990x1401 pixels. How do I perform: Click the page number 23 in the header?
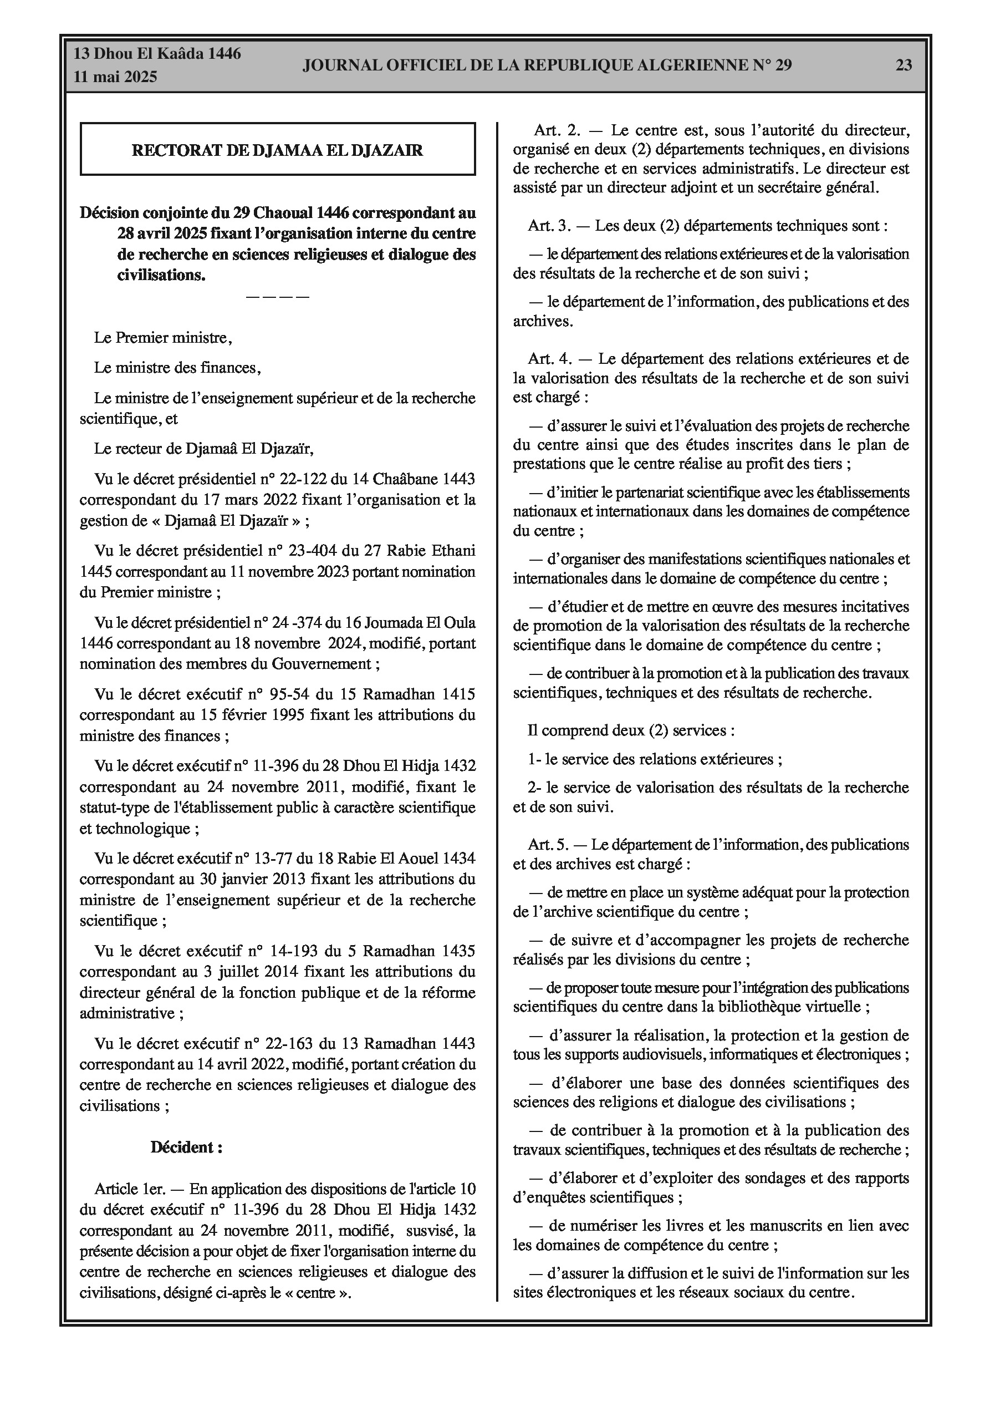click(x=904, y=65)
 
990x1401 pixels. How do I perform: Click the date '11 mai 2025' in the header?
click(x=115, y=77)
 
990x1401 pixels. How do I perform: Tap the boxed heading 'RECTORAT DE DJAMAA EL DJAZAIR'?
click(x=278, y=150)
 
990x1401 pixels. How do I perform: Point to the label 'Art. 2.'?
click(x=558, y=130)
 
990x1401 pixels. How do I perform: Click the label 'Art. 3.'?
click(x=549, y=226)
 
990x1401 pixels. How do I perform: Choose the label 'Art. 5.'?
click(x=549, y=845)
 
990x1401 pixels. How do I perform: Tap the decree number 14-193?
click(x=296, y=951)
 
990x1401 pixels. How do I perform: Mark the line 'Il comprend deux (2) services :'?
click(x=631, y=730)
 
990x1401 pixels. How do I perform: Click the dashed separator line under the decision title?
click(x=278, y=297)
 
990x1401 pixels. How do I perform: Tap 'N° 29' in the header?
click(x=772, y=65)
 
